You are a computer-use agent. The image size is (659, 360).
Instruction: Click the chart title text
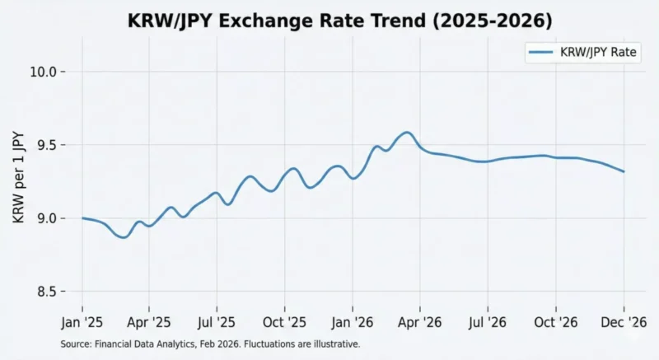click(x=329, y=21)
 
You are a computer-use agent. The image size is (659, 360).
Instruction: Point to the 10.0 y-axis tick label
click(x=45, y=72)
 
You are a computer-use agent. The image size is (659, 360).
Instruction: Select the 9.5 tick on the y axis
click(x=49, y=146)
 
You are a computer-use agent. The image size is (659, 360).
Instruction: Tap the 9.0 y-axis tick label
click(x=49, y=218)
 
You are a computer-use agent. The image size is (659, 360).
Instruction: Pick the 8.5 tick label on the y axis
click(x=49, y=292)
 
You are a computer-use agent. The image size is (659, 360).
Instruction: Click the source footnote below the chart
click(x=211, y=344)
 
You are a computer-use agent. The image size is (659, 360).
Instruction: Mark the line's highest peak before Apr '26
click(x=406, y=132)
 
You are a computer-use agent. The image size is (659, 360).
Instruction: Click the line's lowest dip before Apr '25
click(x=124, y=237)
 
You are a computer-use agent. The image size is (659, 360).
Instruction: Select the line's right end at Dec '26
click(x=624, y=171)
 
